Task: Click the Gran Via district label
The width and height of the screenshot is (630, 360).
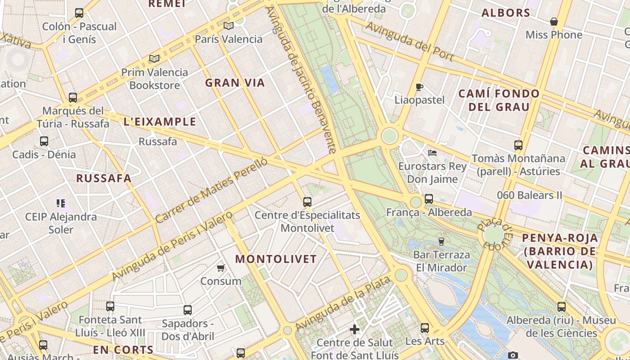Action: click(235, 83)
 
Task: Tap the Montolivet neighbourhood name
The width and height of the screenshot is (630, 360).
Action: click(276, 259)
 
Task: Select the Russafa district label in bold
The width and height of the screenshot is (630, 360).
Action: click(104, 178)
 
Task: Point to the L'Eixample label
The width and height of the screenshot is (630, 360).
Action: click(160, 121)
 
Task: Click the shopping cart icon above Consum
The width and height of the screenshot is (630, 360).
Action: click(220, 268)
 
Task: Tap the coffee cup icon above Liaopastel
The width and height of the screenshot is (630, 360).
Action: click(419, 87)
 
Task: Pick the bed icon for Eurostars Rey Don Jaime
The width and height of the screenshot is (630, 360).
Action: click(432, 153)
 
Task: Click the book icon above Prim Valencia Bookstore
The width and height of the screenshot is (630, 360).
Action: click(154, 58)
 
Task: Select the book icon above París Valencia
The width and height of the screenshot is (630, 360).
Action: click(229, 26)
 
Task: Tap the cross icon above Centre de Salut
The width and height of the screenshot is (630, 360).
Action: click(355, 329)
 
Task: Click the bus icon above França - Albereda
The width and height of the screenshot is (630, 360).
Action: click(428, 199)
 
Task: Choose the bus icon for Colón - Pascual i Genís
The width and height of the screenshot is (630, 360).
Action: click(79, 13)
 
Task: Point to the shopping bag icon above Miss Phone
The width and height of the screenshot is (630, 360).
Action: click(554, 22)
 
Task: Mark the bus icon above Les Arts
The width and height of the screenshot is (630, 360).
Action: click(425, 328)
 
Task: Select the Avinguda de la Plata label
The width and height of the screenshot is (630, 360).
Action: click(342, 303)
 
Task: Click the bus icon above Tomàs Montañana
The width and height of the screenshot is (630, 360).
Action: click(518, 145)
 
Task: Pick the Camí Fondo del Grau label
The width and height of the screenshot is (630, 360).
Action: click(499, 100)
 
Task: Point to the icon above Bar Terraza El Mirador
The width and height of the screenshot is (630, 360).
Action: click(441, 242)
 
